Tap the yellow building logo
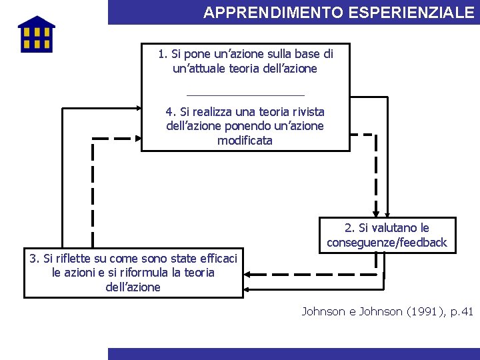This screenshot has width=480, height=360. [x=36, y=35]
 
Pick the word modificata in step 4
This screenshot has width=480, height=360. [x=245, y=141]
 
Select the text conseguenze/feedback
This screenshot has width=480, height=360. [x=387, y=243]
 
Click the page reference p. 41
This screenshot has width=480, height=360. [x=460, y=311]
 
